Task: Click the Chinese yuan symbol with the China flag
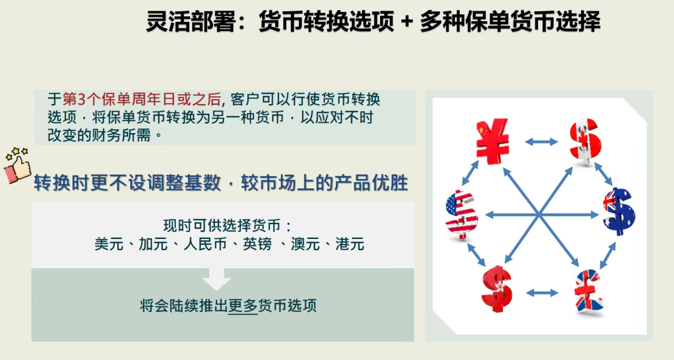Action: [492, 141]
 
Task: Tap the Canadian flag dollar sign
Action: [585, 142]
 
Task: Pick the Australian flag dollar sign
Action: [619, 212]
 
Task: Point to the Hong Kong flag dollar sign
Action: [497, 289]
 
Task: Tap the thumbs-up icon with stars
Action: [17, 166]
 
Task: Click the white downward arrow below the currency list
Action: [217, 278]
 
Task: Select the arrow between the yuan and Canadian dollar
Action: [541, 142]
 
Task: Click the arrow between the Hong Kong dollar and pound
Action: [542, 293]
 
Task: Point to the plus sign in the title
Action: [406, 22]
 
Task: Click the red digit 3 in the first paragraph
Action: [82, 99]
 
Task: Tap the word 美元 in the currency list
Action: [109, 244]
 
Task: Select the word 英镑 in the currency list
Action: [257, 244]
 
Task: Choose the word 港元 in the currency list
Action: [350, 244]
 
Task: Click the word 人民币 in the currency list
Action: [205, 244]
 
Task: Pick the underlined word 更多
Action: [242, 306]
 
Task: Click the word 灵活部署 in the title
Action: [191, 21]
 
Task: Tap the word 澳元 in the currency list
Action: [305, 244]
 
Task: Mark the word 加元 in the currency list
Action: [153, 244]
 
